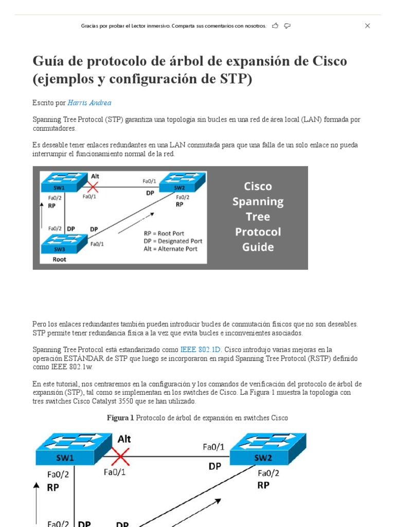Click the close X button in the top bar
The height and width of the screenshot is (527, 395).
pyautogui.click(x=367, y=26)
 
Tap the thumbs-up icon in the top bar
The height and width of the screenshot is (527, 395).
pyautogui.click(x=275, y=26)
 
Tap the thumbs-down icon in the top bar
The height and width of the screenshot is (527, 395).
pyautogui.click(x=288, y=26)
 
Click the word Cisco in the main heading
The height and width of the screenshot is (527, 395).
pyautogui.click(x=330, y=61)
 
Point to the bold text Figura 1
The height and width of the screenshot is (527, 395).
pyautogui.click(x=120, y=418)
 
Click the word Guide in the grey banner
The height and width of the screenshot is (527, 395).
pyautogui.click(x=258, y=247)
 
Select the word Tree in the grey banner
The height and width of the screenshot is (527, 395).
pyautogui.click(x=258, y=217)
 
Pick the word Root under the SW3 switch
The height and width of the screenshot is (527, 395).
pyautogui.click(x=60, y=259)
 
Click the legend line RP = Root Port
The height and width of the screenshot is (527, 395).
pyautogui.click(x=164, y=233)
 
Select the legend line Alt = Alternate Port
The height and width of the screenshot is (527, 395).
pyautogui.click(x=171, y=249)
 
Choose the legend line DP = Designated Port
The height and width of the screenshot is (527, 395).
pyautogui.click(x=173, y=241)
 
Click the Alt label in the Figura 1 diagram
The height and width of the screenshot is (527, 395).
pyautogui.click(x=124, y=439)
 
